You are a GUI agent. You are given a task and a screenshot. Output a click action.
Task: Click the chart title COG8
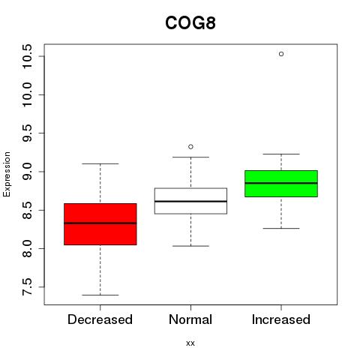pos(190,23)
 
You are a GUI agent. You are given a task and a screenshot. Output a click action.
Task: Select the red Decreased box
pos(100,224)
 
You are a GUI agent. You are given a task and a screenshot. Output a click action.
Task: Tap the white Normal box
pos(190,201)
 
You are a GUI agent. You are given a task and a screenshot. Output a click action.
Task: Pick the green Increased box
pos(281,184)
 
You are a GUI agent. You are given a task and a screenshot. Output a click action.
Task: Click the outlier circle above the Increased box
pos(281,54)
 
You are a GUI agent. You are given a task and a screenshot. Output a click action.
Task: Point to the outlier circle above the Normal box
pos(190,147)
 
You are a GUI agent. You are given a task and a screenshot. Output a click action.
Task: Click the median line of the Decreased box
pos(100,223)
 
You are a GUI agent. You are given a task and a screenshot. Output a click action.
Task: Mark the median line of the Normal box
pos(190,201)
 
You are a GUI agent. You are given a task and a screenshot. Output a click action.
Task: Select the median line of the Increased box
pos(281,183)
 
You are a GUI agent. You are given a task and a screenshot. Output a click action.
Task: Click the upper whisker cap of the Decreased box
pos(100,163)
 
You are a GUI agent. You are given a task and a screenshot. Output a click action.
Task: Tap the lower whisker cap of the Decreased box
pos(100,295)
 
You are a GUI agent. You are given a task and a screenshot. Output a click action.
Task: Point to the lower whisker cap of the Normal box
pos(190,246)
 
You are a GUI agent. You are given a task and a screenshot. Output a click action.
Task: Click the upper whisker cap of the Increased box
pos(281,154)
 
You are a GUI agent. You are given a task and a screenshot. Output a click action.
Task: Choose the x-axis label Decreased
pos(100,319)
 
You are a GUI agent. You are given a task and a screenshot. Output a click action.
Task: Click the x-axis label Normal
pos(190,319)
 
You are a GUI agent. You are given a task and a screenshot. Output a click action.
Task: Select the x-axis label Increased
pos(281,319)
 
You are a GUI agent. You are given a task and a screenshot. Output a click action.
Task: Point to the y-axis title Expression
pos(7,174)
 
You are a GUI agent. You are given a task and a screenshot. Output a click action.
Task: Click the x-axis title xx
pos(190,343)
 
